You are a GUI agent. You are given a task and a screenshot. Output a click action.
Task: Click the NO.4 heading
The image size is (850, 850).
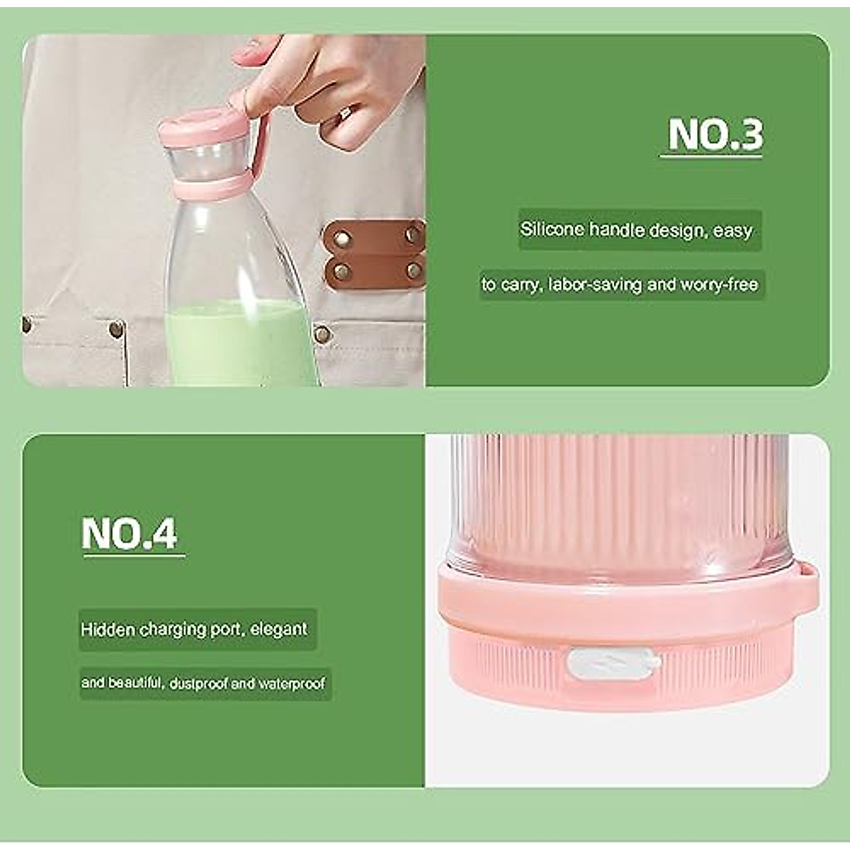(130, 533)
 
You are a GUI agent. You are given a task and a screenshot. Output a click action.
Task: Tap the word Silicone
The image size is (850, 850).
(552, 229)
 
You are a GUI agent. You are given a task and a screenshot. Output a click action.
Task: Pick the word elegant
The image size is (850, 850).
(279, 629)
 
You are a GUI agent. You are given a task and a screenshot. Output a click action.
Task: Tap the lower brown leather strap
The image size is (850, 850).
(374, 269)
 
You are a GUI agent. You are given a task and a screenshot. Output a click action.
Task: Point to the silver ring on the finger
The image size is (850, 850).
(346, 113)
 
